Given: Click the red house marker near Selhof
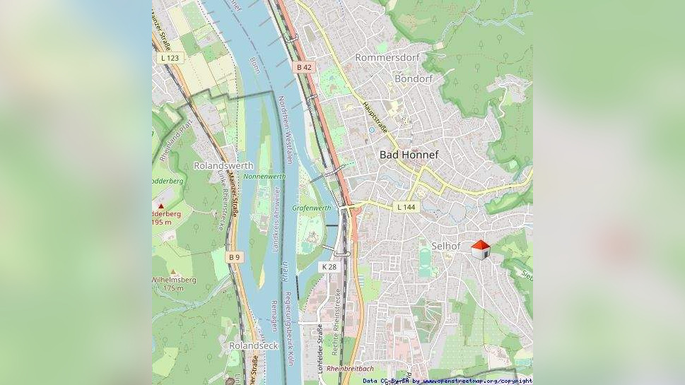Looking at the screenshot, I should coord(481,249).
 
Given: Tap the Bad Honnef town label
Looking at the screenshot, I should coord(409,155).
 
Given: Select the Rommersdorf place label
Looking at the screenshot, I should coord(387,57).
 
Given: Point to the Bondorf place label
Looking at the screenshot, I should coord(414,79).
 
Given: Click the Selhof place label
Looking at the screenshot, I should coord(446,247).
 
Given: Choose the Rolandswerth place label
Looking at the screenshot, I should coord(223,166).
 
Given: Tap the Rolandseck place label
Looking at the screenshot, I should coord(253,346).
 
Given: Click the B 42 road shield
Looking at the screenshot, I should coord(304,67).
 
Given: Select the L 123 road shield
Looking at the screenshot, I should coord(170,58).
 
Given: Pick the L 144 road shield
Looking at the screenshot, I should coord(406,207).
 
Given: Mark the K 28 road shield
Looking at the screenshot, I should coord(329,267).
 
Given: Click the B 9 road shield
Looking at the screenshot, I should coord(235,258).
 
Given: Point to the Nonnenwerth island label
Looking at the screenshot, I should coord(264,177).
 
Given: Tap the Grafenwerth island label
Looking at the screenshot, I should coord(312,208).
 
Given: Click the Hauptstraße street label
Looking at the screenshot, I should coord(375,117).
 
